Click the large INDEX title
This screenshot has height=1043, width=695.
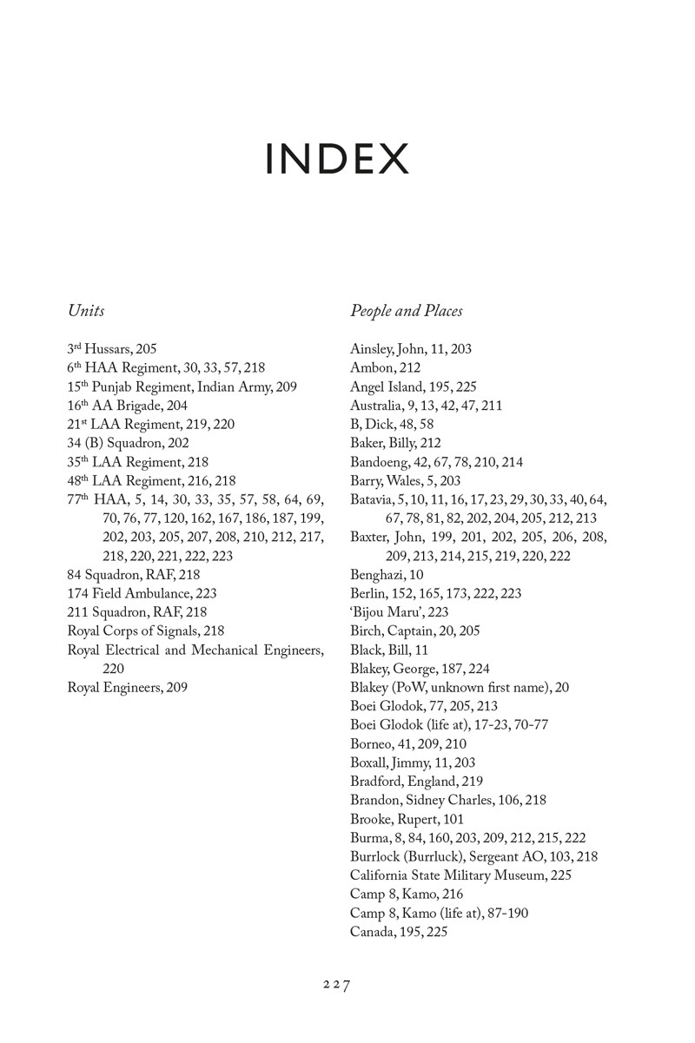click(x=337, y=159)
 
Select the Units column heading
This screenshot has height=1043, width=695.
click(x=86, y=310)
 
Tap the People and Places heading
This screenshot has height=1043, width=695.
click(x=407, y=310)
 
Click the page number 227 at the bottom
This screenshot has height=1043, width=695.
click(x=336, y=985)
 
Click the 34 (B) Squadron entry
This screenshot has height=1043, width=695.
click(x=128, y=443)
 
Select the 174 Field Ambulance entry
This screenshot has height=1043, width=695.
click(x=142, y=594)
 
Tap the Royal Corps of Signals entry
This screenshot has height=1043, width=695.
click(x=146, y=631)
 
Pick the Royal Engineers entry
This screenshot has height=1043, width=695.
click(x=127, y=688)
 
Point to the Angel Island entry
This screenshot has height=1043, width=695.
click(x=413, y=386)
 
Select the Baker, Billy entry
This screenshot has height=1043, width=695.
click(x=395, y=443)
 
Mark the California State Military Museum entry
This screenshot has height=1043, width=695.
click(x=460, y=875)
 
